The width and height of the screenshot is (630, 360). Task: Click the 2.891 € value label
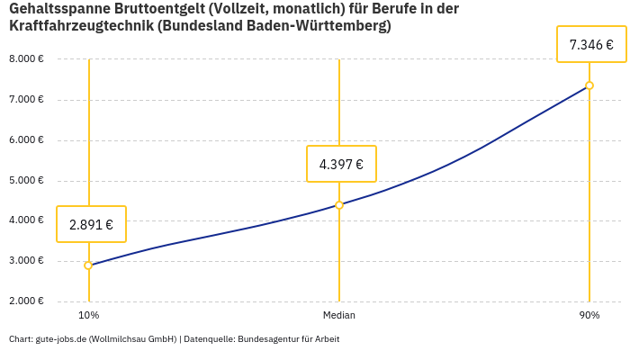pos(91,225)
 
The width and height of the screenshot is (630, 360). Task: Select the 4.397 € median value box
pos(341,164)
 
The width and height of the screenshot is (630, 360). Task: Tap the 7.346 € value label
pos(591,44)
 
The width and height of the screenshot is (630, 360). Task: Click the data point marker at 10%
pos(88,265)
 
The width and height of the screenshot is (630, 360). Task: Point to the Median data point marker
pos(339,205)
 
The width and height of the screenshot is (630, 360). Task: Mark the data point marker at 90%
pos(589,85)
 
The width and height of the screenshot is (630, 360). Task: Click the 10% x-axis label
pos(88,315)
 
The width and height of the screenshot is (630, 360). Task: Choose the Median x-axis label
pos(339,315)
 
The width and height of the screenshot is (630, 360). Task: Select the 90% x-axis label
pos(589,315)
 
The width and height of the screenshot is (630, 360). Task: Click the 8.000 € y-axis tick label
pos(26,59)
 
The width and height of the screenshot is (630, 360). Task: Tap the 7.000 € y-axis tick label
pos(26,100)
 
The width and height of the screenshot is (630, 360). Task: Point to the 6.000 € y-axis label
pos(26,140)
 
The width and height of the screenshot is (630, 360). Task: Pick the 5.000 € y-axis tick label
pos(26,181)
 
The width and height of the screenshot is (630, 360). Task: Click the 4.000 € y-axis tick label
pos(26,220)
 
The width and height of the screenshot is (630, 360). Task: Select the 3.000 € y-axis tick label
pos(26,261)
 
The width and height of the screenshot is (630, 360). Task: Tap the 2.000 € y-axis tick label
pos(26,301)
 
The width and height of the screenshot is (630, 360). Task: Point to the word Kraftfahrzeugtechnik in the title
pos(80,26)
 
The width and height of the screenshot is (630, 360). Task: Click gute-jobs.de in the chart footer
pos(61,339)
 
